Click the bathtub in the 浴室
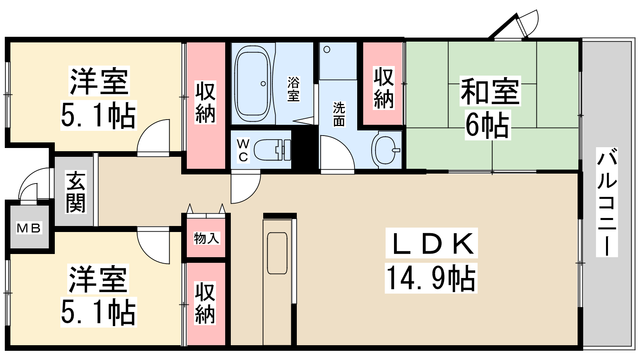click(x=252, y=84)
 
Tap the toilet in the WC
click(x=272, y=150)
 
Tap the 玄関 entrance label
click(x=76, y=192)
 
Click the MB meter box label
click(x=28, y=228)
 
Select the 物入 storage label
click(x=206, y=238)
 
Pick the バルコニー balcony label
click(x=607, y=202)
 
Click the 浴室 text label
click(x=294, y=89)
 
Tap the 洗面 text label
click(x=339, y=114)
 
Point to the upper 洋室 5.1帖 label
click(x=98, y=98)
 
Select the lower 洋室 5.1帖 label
click(x=98, y=296)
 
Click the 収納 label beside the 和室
click(x=384, y=88)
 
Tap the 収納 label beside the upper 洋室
click(x=205, y=102)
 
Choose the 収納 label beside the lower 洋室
click(x=205, y=303)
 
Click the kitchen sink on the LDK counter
click(x=277, y=253)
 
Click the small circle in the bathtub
click(x=263, y=84)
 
